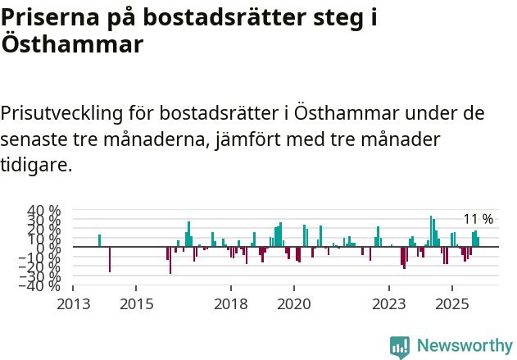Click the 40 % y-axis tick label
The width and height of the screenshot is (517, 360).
tap(44, 210)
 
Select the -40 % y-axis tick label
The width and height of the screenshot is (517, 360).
tap(42, 285)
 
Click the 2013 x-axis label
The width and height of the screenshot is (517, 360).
tap(73, 303)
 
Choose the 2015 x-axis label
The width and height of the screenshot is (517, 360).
tap(136, 303)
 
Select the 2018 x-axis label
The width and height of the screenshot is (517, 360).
tap(231, 303)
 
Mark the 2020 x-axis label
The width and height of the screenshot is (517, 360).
tap(294, 303)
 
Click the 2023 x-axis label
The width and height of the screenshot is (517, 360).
tap(389, 303)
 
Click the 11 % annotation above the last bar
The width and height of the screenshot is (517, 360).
tap(478, 219)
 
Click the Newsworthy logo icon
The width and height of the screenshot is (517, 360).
tap(400, 347)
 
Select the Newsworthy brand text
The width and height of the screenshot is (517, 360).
tap(465, 346)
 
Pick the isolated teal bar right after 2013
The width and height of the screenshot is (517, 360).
tap(99, 240)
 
